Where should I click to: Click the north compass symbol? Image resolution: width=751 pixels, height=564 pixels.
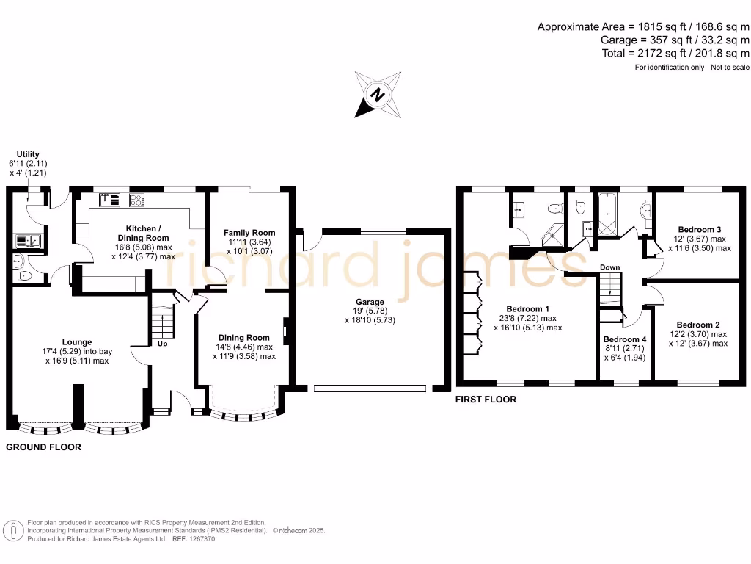click(378, 95)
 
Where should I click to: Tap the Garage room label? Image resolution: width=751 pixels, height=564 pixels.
click(370, 302)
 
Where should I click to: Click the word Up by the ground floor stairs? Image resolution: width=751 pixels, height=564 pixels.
click(163, 344)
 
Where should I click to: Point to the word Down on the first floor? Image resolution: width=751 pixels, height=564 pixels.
click(609, 267)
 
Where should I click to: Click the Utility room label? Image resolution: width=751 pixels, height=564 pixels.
click(28, 154)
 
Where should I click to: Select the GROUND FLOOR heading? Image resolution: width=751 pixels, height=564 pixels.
click(43, 446)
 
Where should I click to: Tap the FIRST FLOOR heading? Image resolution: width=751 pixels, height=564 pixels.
click(486, 399)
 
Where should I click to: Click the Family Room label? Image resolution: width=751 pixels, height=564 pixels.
click(249, 233)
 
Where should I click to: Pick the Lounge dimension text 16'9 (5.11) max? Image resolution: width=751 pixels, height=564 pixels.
click(76, 361)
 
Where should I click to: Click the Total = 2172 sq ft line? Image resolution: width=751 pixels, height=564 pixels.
click(675, 54)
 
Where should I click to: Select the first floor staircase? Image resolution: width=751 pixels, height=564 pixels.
click(609, 289)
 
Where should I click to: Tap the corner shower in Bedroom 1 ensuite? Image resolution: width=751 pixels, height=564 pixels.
click(552, 235)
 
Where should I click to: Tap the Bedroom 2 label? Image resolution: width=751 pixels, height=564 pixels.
click(697, 325)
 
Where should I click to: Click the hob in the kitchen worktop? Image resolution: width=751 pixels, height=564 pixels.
click(137, 199)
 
